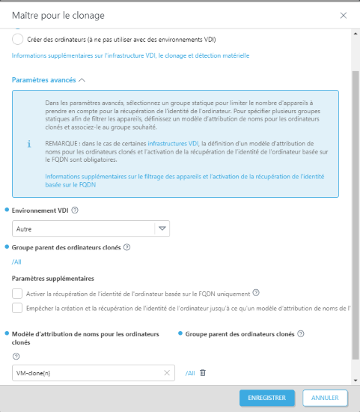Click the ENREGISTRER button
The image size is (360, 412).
(x=267, y=398)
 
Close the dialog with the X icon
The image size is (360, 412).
(x=344, y=15)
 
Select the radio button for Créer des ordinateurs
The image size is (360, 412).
(x=17, y=39)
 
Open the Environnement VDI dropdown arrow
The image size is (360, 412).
(x=162, y=228)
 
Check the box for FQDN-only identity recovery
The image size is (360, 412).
(x=17, y=293)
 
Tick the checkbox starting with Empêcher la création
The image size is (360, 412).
(x=17, y=308)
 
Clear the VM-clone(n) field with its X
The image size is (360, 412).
(x=168, y=372)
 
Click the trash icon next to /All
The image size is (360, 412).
(x=203, y=372)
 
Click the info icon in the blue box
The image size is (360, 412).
(x=28, y=142)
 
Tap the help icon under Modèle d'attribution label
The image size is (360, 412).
(x=16, y=357)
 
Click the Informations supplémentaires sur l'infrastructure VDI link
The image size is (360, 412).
(x=130, y=55)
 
